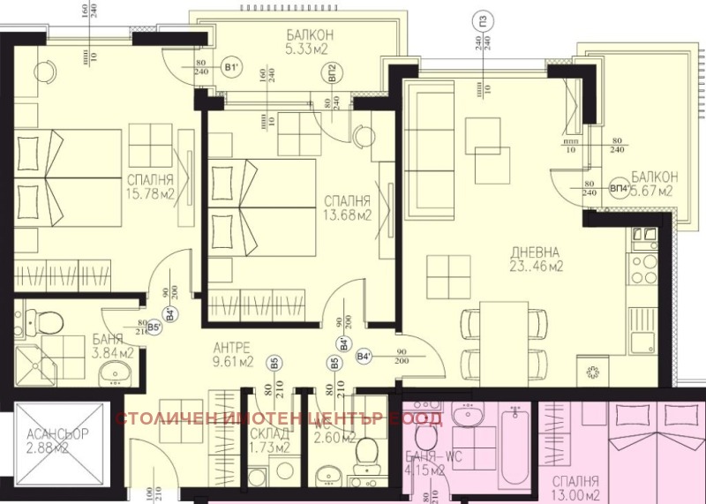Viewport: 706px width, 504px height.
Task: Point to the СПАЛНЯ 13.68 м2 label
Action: [346, 207]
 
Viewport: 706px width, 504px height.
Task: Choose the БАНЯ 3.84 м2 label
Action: [112, 346]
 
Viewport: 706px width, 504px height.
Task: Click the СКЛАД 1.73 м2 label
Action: [270, 440]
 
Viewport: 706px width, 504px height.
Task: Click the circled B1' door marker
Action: [230, 67]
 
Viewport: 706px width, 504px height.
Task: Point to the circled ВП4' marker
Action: [620, 189]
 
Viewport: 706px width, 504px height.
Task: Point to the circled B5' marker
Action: [154, 327]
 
